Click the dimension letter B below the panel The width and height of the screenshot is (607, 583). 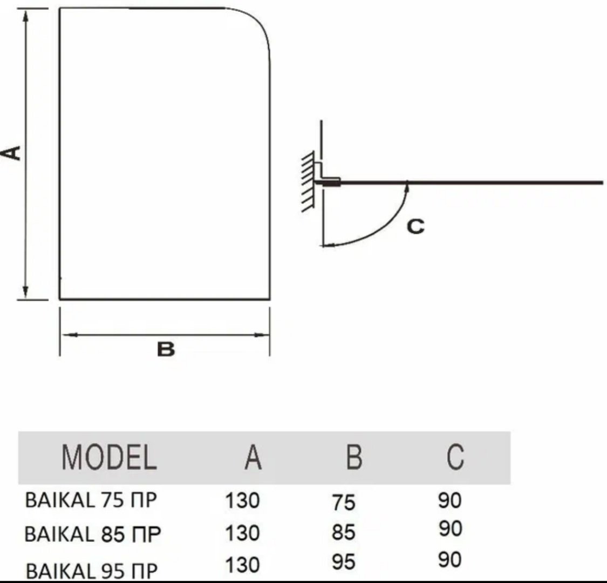[x=166, y=349]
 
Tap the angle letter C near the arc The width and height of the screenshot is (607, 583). [x=416, y=226]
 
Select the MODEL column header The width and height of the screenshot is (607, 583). [x=109, y=457]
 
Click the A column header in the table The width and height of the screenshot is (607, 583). [x=253, y=457]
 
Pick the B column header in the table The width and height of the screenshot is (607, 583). [x=354, y=457]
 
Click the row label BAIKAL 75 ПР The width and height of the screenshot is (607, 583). [x=91, y=500]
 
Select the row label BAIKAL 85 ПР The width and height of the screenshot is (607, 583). [x=92, y=534]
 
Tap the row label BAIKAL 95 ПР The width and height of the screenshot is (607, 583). [x=92, y=571]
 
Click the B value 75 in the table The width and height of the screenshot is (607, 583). [x=343, y=503]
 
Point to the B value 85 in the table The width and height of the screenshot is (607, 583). [x=343, y=532]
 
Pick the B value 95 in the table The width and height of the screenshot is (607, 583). [x=343, y=562]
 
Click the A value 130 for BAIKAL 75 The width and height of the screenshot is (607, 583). [x=242, y=500]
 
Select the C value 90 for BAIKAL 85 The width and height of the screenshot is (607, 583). [x=451, y=528]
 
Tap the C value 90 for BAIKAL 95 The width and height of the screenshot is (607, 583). [x=450, y=560]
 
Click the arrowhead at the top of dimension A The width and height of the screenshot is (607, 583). [x=26, y=16]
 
